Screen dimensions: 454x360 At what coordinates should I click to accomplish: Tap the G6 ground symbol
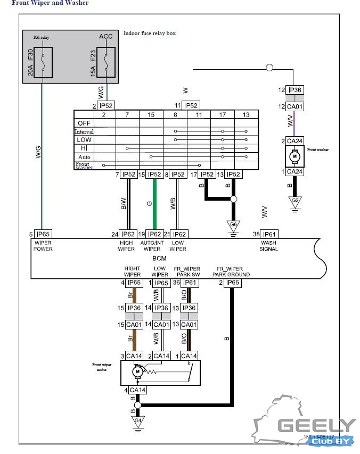tap(233, 225)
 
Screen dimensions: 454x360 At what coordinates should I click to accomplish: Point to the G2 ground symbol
tap(294, 201)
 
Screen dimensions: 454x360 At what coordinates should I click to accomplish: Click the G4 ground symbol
tap(137, 421)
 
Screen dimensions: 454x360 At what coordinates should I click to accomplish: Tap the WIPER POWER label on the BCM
tap(43, 245)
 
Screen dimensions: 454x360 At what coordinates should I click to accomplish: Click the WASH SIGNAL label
tap(268, 245)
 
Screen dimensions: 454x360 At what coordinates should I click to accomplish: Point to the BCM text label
tap(152, 258)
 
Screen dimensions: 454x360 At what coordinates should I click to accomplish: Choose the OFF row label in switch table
tap(84, 122)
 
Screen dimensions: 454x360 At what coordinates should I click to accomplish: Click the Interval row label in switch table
tap(84, 131)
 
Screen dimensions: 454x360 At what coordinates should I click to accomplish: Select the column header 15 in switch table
tap(151, 114)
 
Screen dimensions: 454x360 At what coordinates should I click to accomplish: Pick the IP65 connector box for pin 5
tap(43, 234)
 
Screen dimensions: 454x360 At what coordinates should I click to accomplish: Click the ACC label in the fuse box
tap(106, 36)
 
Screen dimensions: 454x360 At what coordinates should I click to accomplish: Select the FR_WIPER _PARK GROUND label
tap(230, 271)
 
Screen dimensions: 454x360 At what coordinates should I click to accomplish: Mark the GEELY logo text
tap(316, 425)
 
